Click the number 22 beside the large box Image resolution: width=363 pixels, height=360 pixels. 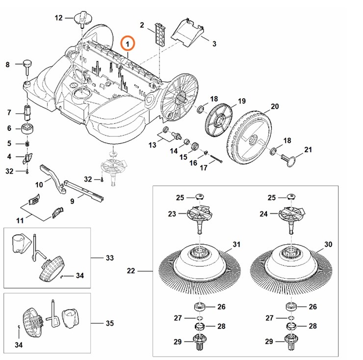pos(131,271)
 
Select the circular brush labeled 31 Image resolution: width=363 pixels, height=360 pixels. pos(200,265)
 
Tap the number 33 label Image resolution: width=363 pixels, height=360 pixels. pos(109,257)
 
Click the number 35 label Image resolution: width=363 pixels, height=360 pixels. pos(109,323)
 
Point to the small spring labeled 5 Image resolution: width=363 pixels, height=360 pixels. pos(27,144)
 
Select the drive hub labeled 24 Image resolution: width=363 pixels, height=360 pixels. pos(292,218)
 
